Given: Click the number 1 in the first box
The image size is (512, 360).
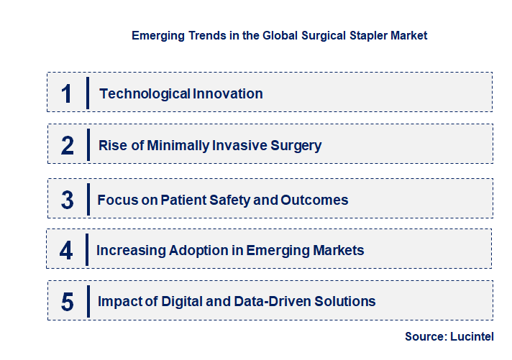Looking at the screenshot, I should [x=67, y=93].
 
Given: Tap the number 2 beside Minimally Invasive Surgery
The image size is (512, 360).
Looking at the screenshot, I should [x=68, y=146].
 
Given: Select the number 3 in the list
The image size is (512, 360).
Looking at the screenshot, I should [x=68, y=200].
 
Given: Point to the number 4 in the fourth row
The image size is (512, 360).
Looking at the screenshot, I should [x=67, y=251].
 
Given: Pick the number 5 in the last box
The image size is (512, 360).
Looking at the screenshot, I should [x=68, y=302].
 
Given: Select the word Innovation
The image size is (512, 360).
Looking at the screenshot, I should [x=227, y=93].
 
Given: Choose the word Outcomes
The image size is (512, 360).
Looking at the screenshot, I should [x=313, y=200].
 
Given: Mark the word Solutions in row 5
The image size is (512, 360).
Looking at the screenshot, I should [x=344, y=302].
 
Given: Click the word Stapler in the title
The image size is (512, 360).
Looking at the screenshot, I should [x=358, y=35].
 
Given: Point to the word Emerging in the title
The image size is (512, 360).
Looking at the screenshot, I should [x=157, y=35].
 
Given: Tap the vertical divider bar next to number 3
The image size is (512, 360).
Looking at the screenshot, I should [x=87, y=198].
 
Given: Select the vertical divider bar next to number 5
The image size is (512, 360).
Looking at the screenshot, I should [x=87, y=300].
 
